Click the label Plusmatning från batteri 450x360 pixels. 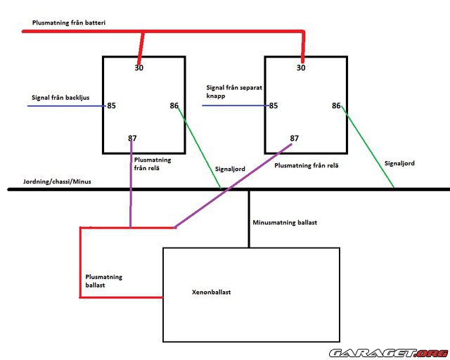(68, 22)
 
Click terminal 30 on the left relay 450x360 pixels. (139, 67)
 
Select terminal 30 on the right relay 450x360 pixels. (301, 67)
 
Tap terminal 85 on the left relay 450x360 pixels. (111, 106)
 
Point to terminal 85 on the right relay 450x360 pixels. (273, 106)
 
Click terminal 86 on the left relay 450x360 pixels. (174, 106)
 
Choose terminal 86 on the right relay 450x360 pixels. (337, 106)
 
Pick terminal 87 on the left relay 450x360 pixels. (132, 138)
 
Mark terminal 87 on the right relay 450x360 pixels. (294, 139)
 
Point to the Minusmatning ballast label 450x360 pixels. (284, 222)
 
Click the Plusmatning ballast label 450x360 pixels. (103, 281)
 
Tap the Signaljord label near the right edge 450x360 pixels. (399, 163)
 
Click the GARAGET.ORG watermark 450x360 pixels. (387, 352)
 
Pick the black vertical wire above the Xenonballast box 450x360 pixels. (249, 218)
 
